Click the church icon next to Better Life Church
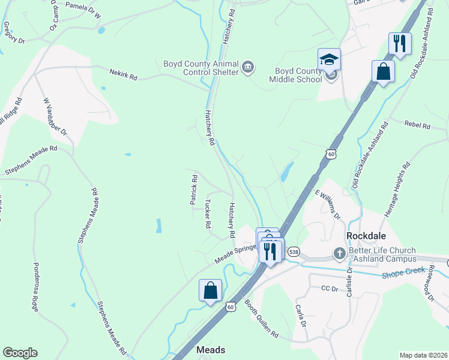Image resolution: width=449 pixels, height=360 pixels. (339, 253)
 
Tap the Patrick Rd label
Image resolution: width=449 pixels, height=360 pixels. (194, 190)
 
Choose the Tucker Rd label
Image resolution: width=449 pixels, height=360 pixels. (208, 214)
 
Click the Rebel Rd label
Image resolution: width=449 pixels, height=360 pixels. (418, 126)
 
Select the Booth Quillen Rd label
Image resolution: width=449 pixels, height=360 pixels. (261, 317)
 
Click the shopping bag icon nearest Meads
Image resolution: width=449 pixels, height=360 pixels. (211, 291)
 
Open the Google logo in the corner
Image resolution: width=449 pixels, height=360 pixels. (20, 353)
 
